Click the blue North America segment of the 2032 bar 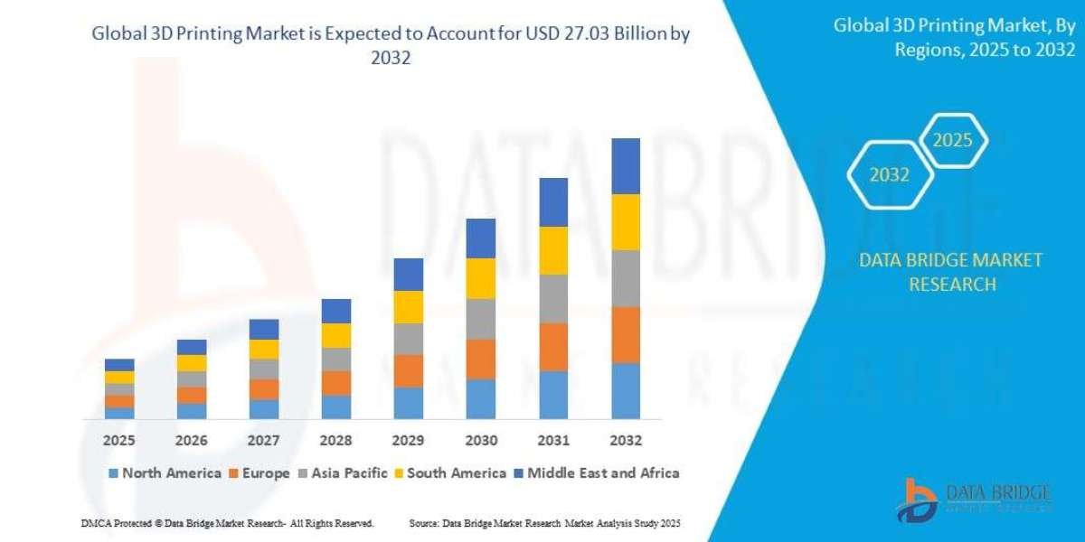coord(626,391)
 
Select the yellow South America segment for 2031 coord(553,250)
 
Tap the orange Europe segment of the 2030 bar coord(481,359)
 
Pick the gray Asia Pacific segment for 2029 coord(409,339)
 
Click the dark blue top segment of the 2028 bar coord(336,311)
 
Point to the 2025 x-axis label coord(119,441)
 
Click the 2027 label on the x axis coord(264,441)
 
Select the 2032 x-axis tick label coord(626,441)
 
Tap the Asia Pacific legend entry coord(344,472)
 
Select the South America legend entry coord(450,472)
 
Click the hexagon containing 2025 coord(952,140)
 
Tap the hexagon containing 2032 coord(889,175)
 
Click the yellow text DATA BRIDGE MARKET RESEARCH coord(949,272)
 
